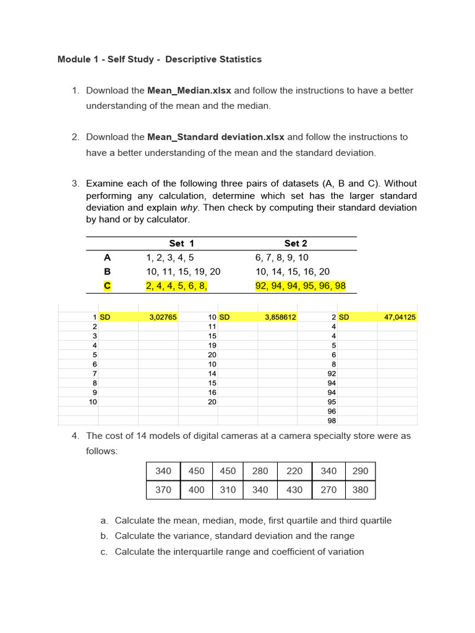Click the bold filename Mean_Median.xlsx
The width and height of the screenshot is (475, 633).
click(x=189, y=90)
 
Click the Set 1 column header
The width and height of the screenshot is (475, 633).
click(x=181, y=244)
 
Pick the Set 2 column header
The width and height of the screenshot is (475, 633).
click(x=295, y=244)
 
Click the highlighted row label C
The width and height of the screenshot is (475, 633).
click(x=108, y=285)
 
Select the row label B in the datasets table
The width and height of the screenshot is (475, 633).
click(x=108, y=271)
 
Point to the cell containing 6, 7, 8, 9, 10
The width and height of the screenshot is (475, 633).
click(x=282, y=258)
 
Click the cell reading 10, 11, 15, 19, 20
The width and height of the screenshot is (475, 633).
click(x=183, y=271)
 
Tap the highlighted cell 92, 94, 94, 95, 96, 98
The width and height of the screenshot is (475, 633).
click(x=301, y=285)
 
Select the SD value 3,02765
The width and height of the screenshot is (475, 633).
click(x=163, y=317)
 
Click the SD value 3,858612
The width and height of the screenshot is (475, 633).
click(x=281, y=317)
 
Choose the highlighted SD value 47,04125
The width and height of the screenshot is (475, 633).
click(x=400, y=317)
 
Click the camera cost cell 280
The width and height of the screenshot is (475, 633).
click(x=260, y=471)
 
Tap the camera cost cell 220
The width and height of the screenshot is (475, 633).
click(x=295, y=471)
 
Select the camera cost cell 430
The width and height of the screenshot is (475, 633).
click(x=295, y=490)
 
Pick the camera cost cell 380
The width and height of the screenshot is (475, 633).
click(x=360, y=490)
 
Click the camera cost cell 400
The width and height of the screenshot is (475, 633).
click(x=196, y=490)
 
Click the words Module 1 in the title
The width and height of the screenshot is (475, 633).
click(x=78, y=59)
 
